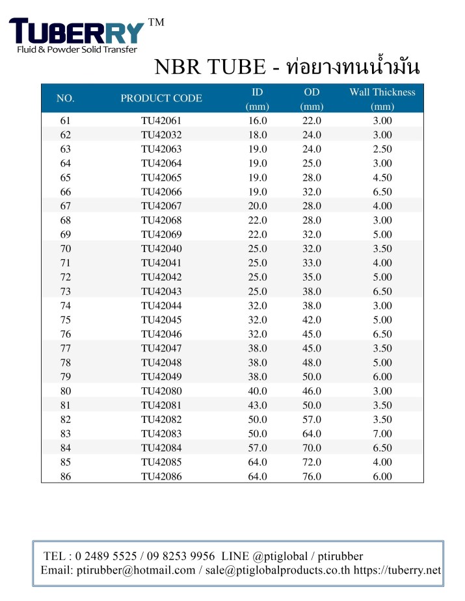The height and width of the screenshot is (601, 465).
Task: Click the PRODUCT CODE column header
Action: pos(161,99)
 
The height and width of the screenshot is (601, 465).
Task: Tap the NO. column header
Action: pos(66,99)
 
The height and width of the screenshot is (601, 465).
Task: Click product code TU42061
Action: pos(161,121)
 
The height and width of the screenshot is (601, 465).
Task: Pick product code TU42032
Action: pos(161,135)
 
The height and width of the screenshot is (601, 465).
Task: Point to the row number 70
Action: pos(66,249)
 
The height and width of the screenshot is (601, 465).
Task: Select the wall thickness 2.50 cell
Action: pos(382,149)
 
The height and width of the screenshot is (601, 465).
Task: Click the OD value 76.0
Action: pos(312,476)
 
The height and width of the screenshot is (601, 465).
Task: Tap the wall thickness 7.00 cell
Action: pos(382,433)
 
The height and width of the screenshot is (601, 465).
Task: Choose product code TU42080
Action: pos(161,391)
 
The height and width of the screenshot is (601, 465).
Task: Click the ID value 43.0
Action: pos(258,405)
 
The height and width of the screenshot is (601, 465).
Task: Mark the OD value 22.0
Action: pos(312,121)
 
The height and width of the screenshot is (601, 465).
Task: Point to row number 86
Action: pos(66,476)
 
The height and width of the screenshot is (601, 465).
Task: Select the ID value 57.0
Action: pos(258,448)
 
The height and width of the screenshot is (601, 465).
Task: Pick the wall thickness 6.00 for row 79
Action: pos(382,377)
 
